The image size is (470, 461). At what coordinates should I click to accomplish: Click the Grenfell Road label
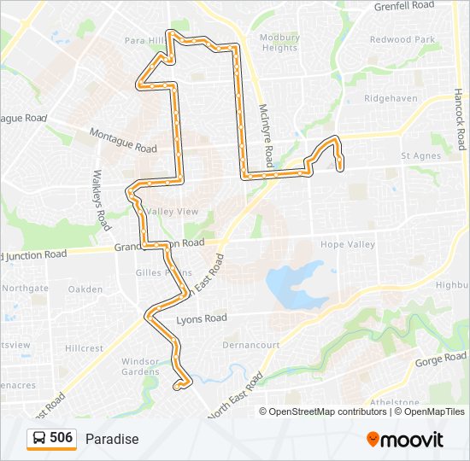[404, 6]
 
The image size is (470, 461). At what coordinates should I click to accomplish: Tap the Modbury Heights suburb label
[279, 43]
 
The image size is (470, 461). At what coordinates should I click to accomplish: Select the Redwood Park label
[402, 39]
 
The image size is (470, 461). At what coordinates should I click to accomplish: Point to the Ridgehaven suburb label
[390, 98]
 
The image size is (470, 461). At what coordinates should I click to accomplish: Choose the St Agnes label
[421, 156]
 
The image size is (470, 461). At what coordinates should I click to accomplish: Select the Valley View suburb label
[173, 212]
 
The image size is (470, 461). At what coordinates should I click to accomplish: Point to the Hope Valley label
[348, 244]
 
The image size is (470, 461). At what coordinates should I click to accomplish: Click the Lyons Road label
[202, 318]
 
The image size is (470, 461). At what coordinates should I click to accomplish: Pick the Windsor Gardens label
[140, 366]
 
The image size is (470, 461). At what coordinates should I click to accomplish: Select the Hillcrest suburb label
[84, 348]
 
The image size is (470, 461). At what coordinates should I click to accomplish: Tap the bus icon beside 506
[39, 438]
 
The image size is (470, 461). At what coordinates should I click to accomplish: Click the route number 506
[62, 438]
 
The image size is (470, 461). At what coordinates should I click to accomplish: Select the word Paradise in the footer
[112, 439]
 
